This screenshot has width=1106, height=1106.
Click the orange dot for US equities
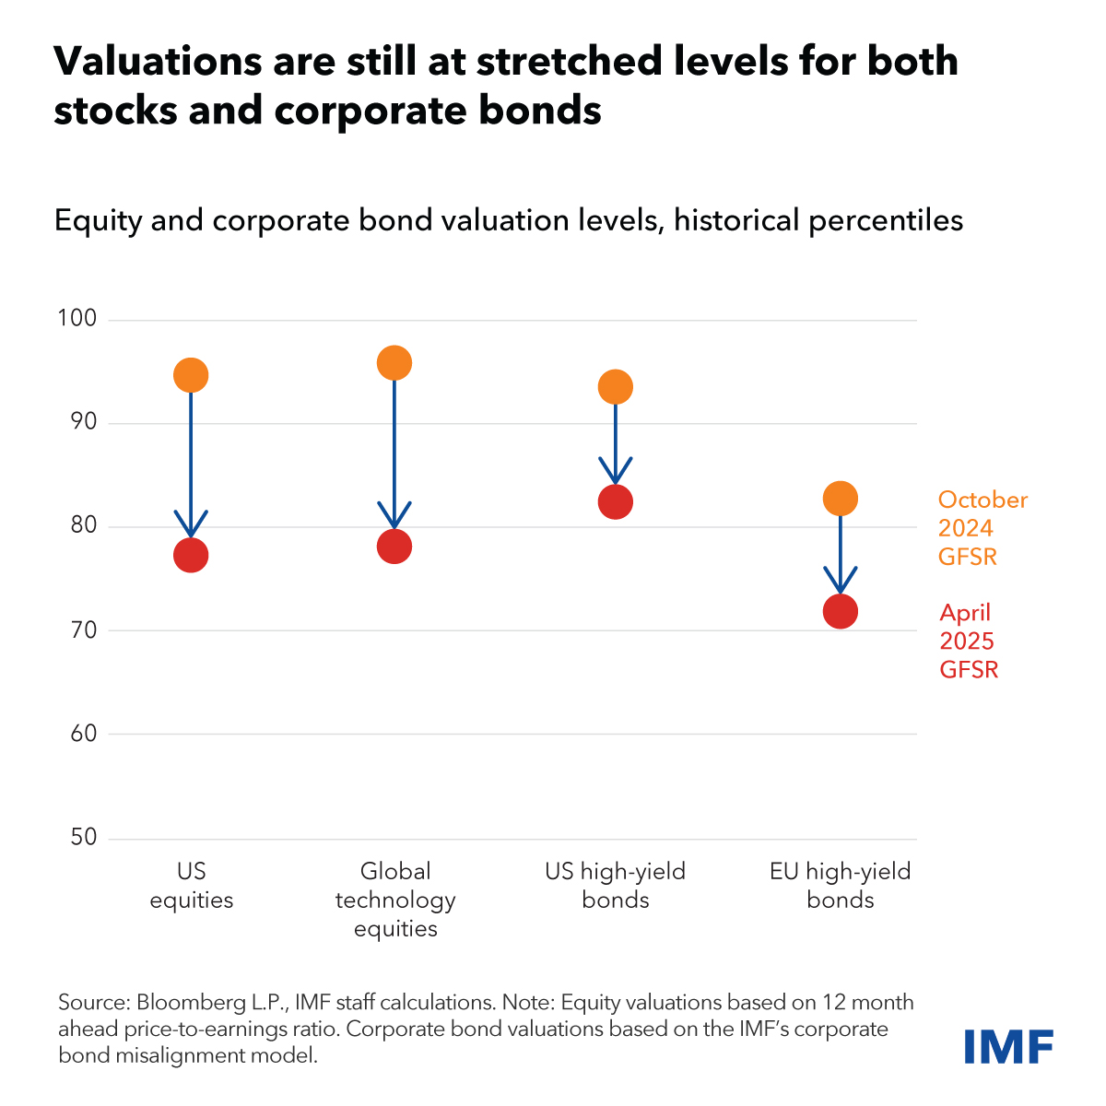(191, 375)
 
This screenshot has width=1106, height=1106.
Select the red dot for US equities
(191, 555)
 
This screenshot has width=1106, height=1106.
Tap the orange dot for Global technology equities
(394, 363)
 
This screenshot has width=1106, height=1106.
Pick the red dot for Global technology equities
(394, 547)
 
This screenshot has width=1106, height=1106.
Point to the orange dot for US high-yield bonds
(616, 387)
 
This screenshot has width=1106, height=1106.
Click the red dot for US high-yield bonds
(616, 501)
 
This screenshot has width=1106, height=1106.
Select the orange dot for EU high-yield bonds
(841, 499)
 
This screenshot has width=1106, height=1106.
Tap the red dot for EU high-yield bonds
(841, 611)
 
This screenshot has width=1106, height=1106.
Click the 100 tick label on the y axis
(76, 319)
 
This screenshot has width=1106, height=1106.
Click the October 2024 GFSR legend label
(982, 528)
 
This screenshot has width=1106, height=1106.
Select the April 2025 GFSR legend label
(969, 641)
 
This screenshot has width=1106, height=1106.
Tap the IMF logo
(1008, 1046)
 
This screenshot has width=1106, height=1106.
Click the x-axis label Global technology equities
(395, 900)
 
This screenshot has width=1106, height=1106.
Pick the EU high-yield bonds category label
(841, 885)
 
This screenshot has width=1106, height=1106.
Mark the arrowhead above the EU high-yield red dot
(841, 583)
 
